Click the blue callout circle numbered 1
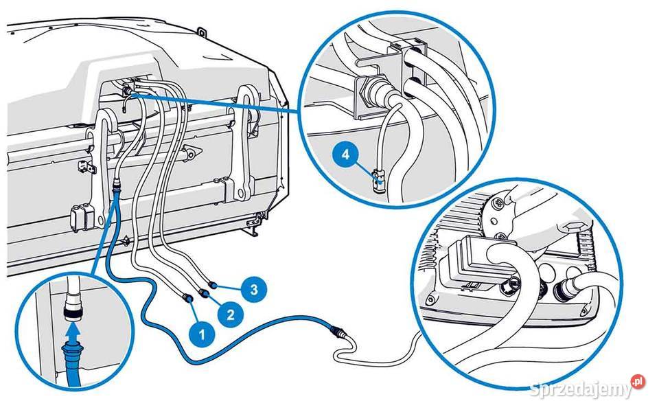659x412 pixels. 200,334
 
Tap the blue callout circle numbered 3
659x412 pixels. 253,289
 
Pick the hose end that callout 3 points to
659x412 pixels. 213,282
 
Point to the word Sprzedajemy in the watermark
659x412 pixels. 581,389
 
